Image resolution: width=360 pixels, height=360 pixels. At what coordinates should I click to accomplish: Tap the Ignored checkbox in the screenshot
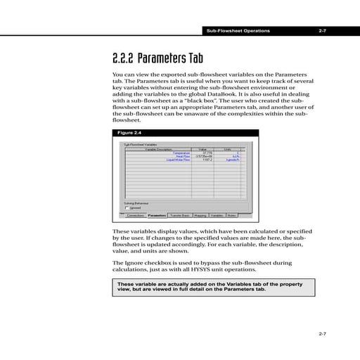(127, 208)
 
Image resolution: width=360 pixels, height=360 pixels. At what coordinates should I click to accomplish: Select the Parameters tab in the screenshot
(157, 216)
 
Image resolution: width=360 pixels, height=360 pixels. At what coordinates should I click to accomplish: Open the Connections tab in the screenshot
(135, 216)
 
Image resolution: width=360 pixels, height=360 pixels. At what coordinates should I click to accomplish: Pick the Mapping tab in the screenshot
(200, 216)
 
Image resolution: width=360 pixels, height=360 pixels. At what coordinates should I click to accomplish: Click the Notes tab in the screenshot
(231, 216)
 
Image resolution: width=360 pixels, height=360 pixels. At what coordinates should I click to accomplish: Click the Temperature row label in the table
(181, 153)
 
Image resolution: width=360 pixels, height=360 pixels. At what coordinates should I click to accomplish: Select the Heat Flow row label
(183, 156)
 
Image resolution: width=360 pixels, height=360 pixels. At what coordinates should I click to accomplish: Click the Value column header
(202, 149)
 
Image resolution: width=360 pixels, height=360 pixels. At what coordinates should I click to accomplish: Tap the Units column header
(228, 149)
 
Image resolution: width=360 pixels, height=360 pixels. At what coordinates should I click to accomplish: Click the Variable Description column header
(159, 149)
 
